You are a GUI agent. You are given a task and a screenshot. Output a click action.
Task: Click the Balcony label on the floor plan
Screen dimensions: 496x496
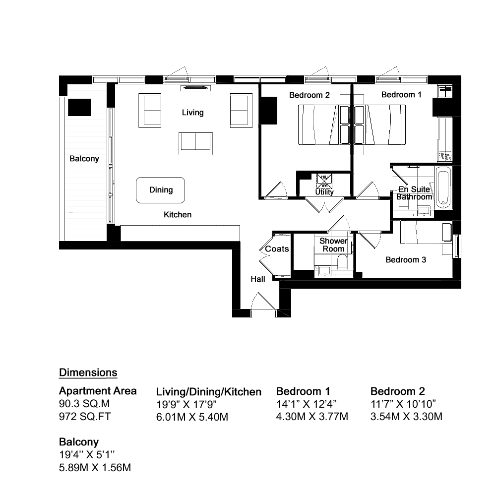click(x=84, y=159)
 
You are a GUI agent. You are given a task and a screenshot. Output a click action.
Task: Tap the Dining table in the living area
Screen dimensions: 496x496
click(x=160, y=190)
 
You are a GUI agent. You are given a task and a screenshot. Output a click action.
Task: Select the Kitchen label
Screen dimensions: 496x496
click(x=178, y=214)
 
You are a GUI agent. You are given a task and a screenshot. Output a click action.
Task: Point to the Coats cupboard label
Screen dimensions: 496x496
click(x=277, y=249)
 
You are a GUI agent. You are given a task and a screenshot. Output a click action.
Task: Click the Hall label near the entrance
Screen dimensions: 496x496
click(x=258, y=279)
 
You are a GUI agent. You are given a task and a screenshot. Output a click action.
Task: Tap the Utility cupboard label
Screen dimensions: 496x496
click(x=324, y=192)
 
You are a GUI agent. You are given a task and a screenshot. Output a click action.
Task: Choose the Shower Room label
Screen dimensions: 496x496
click(x=333, y=245)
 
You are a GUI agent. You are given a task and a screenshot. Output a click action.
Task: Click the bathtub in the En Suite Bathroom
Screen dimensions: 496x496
click(x=443, y=188)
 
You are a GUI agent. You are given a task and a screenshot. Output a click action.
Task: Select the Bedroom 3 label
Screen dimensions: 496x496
click(x=406, y=260)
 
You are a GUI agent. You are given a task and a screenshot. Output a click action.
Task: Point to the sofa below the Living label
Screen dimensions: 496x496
click(x=195, y=144)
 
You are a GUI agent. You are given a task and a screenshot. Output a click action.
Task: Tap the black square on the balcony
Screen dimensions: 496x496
click(x=79, y=107)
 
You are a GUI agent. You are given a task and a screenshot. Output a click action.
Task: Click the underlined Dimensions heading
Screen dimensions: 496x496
click(x=88, y=372)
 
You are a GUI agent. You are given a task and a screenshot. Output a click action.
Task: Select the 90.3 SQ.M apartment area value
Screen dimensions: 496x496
click(x=84, y=404)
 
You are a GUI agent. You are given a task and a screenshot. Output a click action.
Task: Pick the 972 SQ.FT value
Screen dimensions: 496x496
click(x=85, y=416)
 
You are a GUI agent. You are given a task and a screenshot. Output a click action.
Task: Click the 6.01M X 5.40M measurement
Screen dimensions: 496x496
click(x=192, y=417)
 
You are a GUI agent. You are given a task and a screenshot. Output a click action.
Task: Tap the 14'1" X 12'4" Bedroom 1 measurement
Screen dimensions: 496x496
click(x=306, y=404)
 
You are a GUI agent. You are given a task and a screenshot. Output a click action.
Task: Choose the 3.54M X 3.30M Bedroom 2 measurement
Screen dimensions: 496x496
click(x=406, y=417)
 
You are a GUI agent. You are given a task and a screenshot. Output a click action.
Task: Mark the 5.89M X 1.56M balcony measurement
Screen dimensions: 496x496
click(x=95, y=468)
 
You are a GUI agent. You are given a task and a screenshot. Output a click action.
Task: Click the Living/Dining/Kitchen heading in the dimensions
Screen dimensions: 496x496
click(x=209, y=392)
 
